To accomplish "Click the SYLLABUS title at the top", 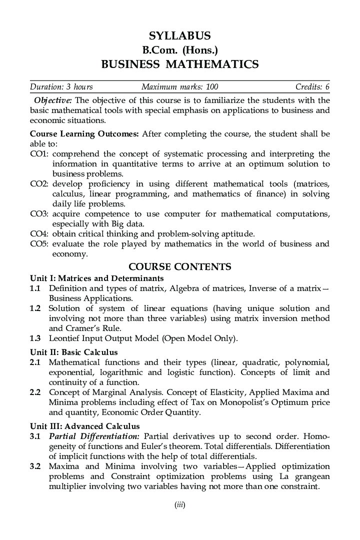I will tap(179, 35).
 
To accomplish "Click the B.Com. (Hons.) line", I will tap(179, 50).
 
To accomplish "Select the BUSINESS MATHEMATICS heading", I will tap(179, 64).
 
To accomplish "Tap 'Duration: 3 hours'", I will tap(61, 87).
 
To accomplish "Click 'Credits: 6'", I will tap(312, 87).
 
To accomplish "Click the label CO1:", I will tap(39, 154).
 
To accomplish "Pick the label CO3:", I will tap(39, 214).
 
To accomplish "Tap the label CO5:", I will tap(39, 244).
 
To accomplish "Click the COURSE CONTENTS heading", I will tap(179, 266).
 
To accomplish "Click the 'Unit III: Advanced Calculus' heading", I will tap(85, 426).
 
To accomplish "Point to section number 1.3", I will tap(34, 338).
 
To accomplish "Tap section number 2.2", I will tap(34, 392).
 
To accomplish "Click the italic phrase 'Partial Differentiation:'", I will tap(94, 436).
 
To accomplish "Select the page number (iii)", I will tap(179, 505).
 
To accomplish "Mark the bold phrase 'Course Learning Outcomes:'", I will tap(85, 134).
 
